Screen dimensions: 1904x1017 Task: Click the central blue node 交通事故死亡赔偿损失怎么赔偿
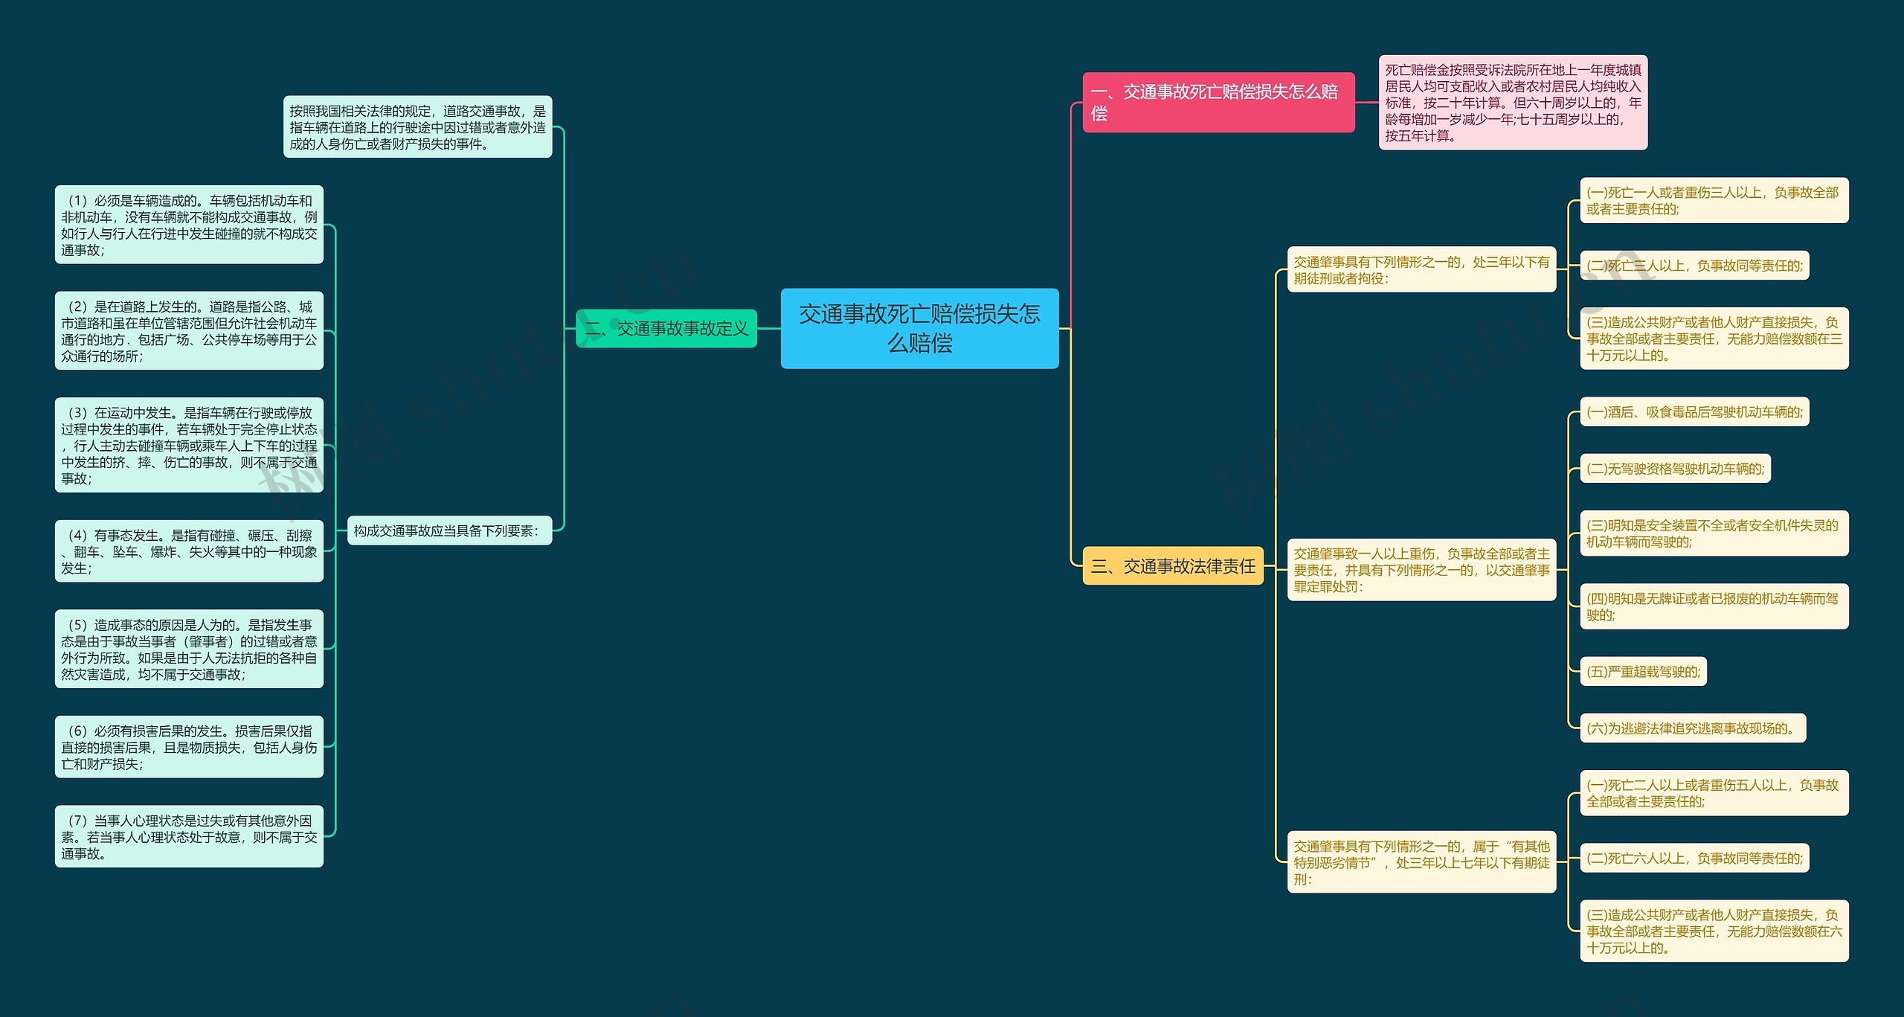pos(919,328)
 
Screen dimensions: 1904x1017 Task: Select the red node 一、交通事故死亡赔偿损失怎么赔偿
pos(1218,103)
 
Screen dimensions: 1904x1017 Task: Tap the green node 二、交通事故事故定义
pos(666,328)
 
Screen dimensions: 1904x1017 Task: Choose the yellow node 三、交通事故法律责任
pos(1172,566)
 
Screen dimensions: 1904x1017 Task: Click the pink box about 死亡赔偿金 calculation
pos(1512,103)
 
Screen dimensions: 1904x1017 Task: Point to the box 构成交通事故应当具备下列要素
pos(449,530)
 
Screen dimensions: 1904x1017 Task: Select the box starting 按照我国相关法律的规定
pos(417,127)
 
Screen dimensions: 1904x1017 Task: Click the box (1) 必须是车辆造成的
pos(189,225)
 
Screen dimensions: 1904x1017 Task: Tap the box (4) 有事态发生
pos(189,551)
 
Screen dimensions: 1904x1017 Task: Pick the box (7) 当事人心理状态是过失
pos(189,836)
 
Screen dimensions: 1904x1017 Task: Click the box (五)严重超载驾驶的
pos(1643,672)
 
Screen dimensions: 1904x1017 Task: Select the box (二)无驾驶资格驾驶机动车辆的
pos(1675,469)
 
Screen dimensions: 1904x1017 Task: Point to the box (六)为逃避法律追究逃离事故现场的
pos(1692,728)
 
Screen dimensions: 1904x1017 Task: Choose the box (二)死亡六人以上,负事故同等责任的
pos(1694,858)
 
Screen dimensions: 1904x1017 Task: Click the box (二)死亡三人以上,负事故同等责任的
pos(1694,266)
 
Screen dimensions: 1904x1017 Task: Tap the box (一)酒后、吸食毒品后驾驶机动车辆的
pos(1694,412)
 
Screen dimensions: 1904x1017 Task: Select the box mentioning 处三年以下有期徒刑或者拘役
pos(1421,269)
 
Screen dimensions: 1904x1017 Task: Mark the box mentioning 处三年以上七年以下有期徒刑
pos(1421,862)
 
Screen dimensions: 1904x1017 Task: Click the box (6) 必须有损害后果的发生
pos(189,747)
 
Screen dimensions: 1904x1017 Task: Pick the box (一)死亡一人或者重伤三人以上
pos(1713,200)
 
